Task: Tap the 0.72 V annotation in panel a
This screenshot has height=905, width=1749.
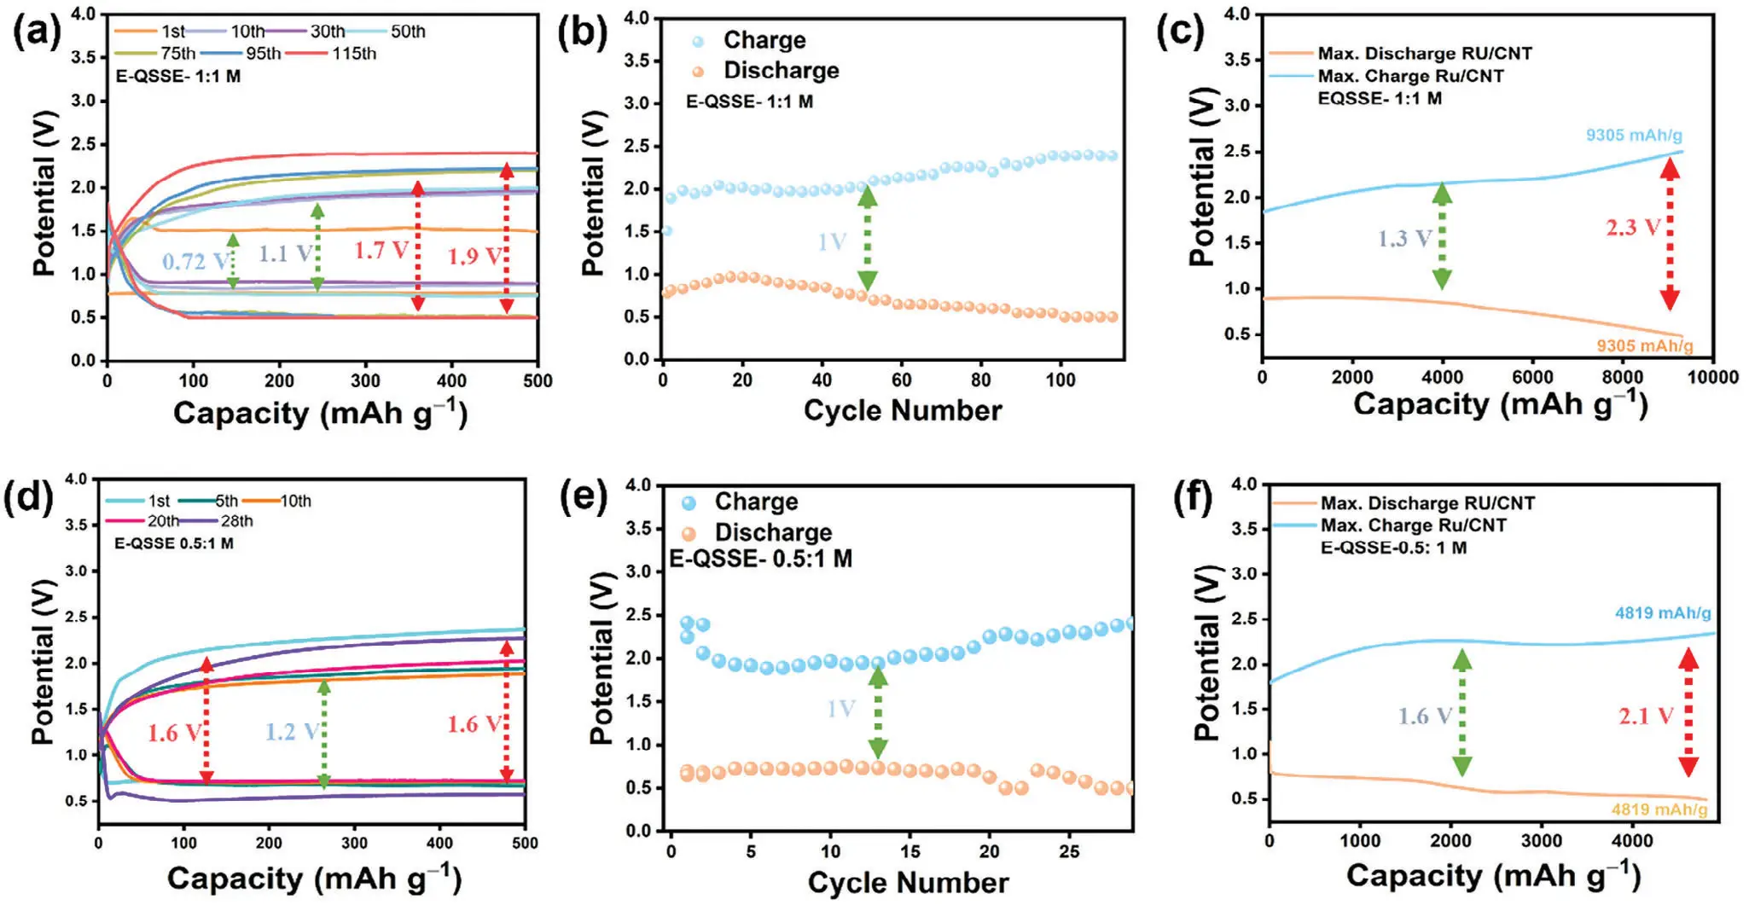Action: point(195,261)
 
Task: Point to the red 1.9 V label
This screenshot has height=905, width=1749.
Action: point(474,256)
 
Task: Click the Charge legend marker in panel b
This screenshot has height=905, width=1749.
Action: point(698,41)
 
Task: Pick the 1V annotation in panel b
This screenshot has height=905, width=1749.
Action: point(832,242)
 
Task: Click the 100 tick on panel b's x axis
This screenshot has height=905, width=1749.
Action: point(1060,380)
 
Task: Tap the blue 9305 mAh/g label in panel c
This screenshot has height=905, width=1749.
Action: point(1634,136)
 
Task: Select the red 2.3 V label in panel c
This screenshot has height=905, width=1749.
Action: point(1633,228)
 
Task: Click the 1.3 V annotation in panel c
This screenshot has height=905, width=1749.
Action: point(1403,239)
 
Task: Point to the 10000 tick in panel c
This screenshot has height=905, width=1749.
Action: point(1713,377)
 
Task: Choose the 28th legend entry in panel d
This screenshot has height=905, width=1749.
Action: point(236,521)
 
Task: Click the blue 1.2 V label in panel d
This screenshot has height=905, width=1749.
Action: point(291,732)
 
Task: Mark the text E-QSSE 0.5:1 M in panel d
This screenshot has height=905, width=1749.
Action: point(174,543)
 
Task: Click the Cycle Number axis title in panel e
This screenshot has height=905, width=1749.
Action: point(908,883)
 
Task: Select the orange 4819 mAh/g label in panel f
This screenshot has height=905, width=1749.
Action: point(1659,809)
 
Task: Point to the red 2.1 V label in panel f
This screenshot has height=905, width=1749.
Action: point(1646,716)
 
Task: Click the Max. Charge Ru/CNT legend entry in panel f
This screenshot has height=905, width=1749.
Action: point(1413,525)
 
